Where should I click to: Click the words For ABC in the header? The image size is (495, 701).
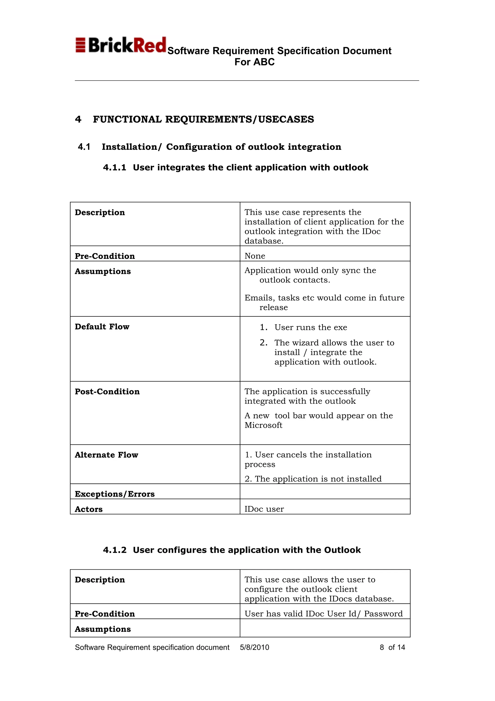pyautogui.click(x=254, y=62)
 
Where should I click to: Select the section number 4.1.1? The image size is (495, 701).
pyautogui.click(x=114, y=168)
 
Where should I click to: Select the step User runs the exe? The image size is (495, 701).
pyautogui.click(x=311, y=327)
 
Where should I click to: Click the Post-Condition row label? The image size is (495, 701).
pyautogui.click(x=107, y=392)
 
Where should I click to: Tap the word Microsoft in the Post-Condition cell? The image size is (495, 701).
pyautogui.click(x=263, y=425)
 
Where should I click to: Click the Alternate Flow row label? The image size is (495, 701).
pyautogui.click(x=106, y=455)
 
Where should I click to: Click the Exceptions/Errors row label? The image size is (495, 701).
pyautogui.click(x=115, y=494)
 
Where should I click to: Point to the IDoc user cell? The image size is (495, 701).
pyautogui.click(x=264, y=509)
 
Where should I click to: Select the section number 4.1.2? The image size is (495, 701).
pyautogui.click(x=114, y=550)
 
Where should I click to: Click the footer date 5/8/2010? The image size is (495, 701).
pyautogui.click(x=254, y=647)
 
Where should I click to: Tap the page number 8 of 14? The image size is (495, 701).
pyautogui.click(x=392, y=647)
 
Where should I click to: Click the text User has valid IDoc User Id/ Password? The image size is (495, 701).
pyautogui.click(x=323, y=614)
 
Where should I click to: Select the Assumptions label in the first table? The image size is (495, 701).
pyautogui.click(x=103, y=271)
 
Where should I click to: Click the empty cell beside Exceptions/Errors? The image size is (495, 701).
pyautogui.click(x=325, y=492)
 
